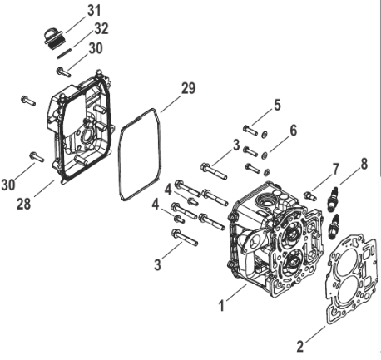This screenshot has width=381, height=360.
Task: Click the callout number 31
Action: click(x=93, y=10)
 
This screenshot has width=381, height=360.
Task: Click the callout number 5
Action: click(x=277, y=105)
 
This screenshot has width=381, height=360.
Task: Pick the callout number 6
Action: click(x=293, y=130)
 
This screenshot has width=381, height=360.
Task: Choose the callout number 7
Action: click(x=336, y=169)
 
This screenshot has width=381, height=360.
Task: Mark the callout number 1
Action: click(x=221, y=305)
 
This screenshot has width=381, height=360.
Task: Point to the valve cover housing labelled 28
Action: click(x=79, y=145)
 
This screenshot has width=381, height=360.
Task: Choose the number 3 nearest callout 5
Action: click(x=237, y=145)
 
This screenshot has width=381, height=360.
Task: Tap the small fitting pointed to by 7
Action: click(x=309, y=195)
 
